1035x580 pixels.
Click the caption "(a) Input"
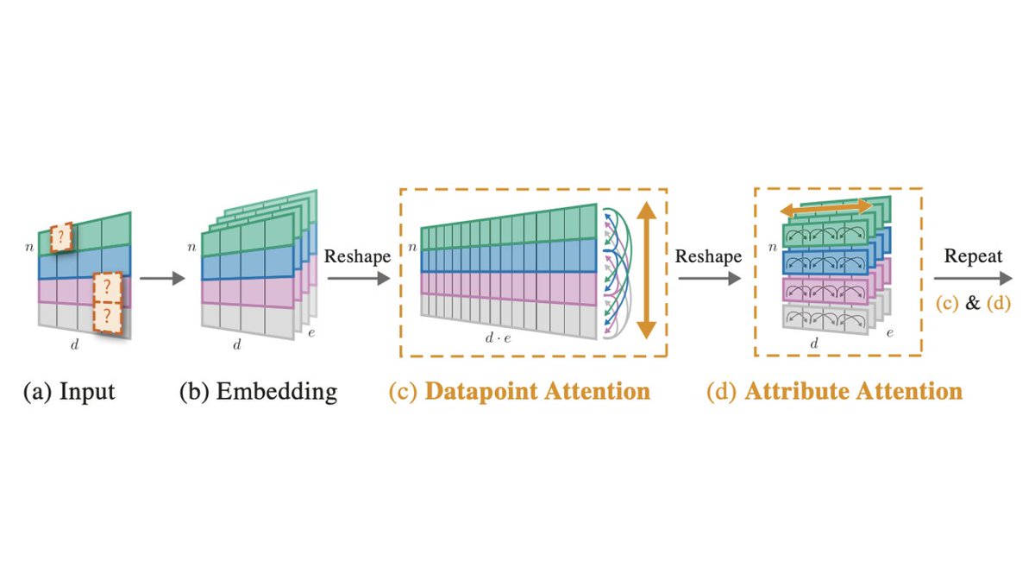coord(69,392)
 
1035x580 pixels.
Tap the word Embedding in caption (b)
coord(276,392)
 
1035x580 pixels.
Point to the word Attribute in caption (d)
coord(794,392)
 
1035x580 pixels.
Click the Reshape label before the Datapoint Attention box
coord(356,258)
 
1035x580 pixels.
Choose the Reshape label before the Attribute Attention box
coord(707,257)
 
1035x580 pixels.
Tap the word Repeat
coord(973,256)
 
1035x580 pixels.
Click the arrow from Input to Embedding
coord(161,279)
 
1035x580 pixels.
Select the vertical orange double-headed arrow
coord(647,269)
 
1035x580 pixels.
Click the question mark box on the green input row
coord(61,237)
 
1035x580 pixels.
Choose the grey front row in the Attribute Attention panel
coord(824,319)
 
